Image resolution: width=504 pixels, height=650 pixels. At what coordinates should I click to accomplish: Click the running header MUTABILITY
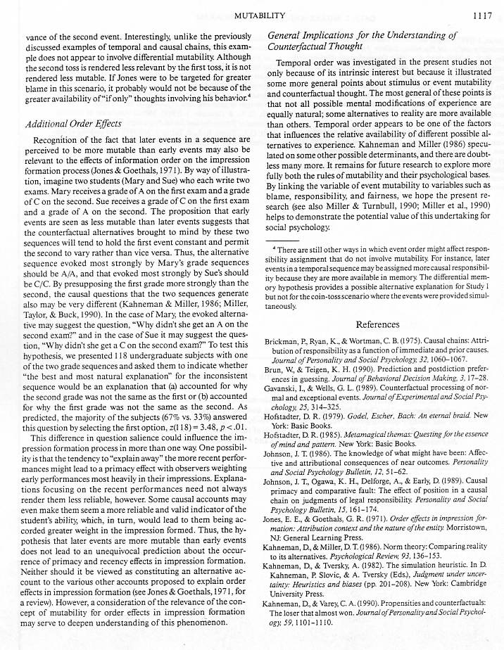click(x=258, y=13)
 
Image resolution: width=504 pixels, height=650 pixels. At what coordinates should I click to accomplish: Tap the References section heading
click(x=377, y=324)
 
